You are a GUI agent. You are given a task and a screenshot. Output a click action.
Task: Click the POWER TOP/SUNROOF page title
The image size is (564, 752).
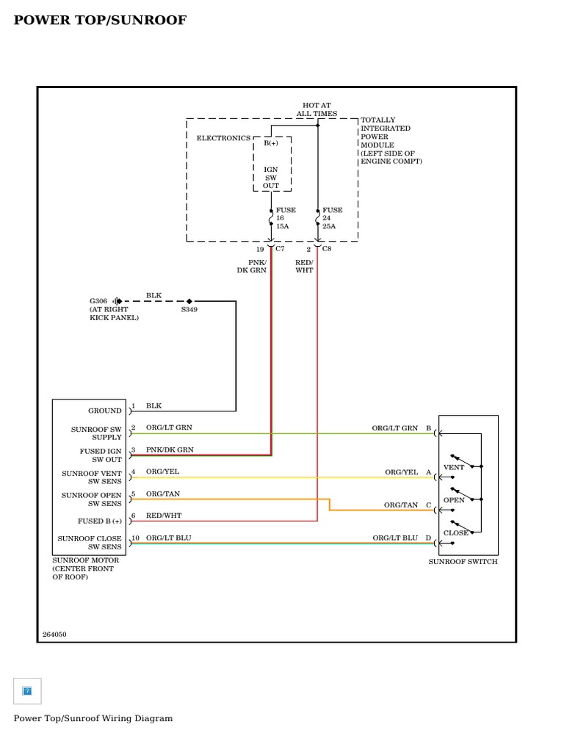[100, 21]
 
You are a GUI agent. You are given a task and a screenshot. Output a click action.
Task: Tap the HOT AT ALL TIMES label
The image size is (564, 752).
[317, 109]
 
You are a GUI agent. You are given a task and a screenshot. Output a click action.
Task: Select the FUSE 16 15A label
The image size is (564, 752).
[285, 218]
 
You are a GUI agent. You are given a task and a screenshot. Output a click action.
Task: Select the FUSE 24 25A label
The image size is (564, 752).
[332, 218]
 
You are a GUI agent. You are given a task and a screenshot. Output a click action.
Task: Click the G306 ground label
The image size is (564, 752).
[98, 301]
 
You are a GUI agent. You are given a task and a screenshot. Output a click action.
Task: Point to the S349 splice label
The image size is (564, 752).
[189, 310]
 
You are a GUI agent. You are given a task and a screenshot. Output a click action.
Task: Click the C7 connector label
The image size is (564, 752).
[280, 249]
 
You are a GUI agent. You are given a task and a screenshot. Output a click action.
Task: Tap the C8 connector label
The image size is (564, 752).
[327, 249]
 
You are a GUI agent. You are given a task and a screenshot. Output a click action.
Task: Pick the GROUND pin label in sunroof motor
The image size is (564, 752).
[105, 411]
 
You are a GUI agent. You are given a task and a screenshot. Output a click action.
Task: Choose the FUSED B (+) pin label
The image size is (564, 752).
[100, 521]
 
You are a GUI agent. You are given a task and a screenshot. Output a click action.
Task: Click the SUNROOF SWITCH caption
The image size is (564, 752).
[463, 562]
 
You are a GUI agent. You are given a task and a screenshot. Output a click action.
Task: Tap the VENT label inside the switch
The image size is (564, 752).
[454, 467]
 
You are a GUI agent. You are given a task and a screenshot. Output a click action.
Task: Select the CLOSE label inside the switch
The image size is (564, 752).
[455, 533]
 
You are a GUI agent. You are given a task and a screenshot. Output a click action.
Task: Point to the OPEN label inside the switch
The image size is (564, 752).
[454, 500]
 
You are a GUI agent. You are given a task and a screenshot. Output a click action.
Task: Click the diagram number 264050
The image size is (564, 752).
[54, 634]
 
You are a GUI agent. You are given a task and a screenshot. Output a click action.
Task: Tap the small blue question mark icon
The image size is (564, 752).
[27, 691]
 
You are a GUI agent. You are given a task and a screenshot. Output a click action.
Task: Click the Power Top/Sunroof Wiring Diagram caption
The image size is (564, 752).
[93, 718]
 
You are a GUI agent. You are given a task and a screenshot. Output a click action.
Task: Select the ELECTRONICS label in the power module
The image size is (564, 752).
[223, 138]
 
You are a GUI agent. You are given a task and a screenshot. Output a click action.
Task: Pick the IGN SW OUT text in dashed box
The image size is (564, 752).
[271, 178]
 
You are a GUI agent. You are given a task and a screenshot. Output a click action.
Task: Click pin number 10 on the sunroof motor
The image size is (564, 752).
[135, 538]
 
